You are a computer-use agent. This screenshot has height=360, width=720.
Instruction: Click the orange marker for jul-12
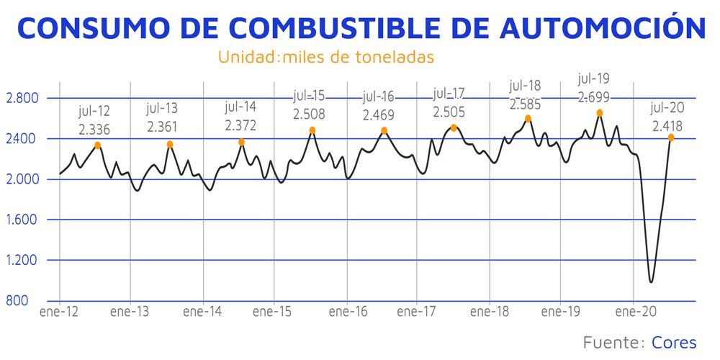[x=98, y=145]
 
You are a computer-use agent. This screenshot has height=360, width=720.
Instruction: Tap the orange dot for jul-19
[x=599, y=113]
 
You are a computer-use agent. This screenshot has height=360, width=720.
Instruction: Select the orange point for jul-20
[x=671, y=138]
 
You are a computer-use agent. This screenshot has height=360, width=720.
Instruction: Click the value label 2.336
[x=94, y=129]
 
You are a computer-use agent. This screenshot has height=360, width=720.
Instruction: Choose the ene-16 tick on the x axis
[x=347, y=312]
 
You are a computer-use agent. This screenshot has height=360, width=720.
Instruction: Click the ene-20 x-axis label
[x=634, y=312]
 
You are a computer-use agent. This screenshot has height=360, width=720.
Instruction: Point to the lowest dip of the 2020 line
[x=651, y=282]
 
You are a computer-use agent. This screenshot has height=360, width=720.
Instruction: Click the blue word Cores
[x=674, y=342]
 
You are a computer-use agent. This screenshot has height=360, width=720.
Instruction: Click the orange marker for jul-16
[x=384, y=130]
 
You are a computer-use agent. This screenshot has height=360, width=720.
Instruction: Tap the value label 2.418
[x=667, y=124]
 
